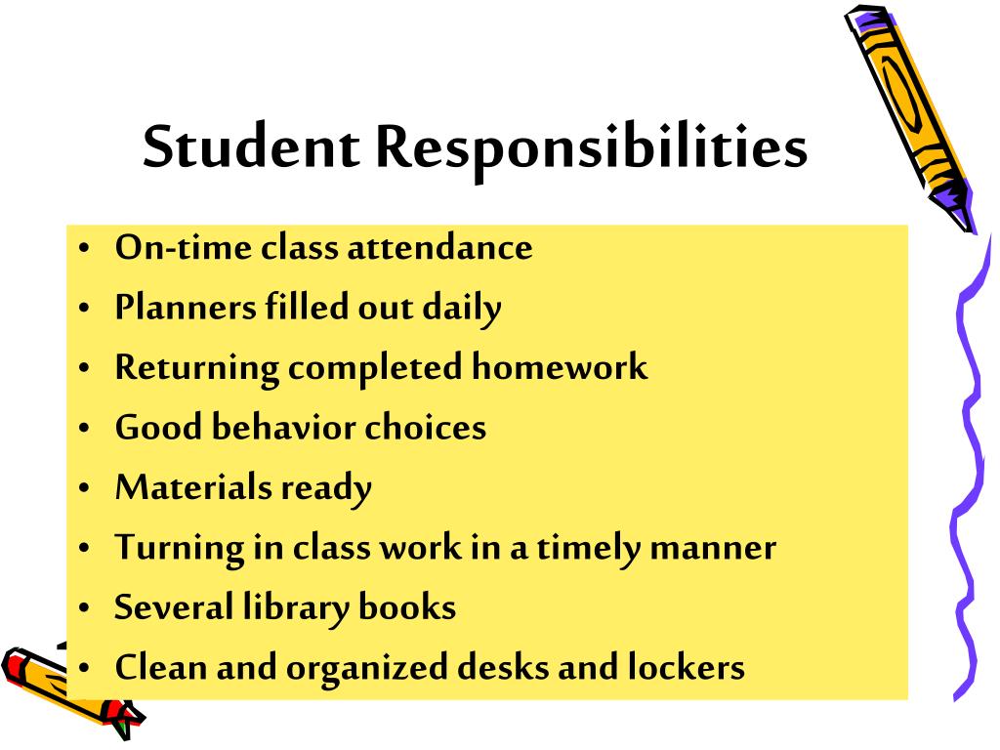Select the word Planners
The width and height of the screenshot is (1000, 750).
coord(184,308)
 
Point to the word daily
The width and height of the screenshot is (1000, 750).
coord(462,309)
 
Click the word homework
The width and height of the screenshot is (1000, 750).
coord(560,367)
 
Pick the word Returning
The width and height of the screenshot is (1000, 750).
coord(197,368)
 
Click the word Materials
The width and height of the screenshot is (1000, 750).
coord(193,487)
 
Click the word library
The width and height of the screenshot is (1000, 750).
coord(295,608)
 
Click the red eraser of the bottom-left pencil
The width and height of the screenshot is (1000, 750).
coord(17,668)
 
